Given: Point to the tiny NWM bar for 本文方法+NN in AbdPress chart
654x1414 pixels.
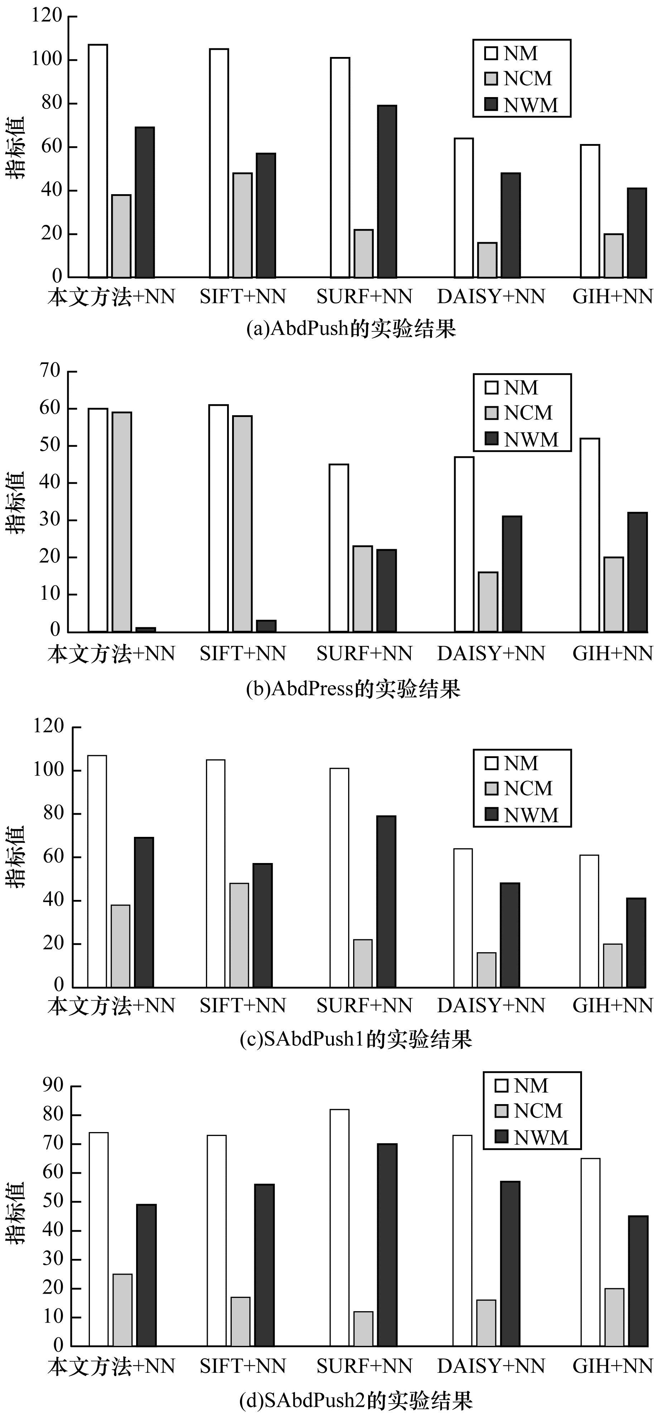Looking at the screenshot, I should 145,629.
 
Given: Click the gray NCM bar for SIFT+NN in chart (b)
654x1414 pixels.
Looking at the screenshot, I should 242,524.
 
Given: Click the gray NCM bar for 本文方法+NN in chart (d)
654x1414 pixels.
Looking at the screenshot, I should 122,1310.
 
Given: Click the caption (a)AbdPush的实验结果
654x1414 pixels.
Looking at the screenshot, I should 351,329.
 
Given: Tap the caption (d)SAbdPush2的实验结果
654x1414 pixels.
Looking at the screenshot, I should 356,1400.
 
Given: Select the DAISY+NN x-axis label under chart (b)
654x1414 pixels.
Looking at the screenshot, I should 491,653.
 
